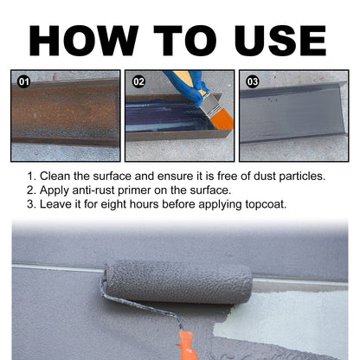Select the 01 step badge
click(x=24, y=82)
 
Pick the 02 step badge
click(x=138, y=82)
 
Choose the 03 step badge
click(x=253, y=82)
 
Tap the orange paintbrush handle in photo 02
click(x=221, y=128)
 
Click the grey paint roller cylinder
click(x=177, y=282)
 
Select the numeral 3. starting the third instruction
click(x=34, y=205)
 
